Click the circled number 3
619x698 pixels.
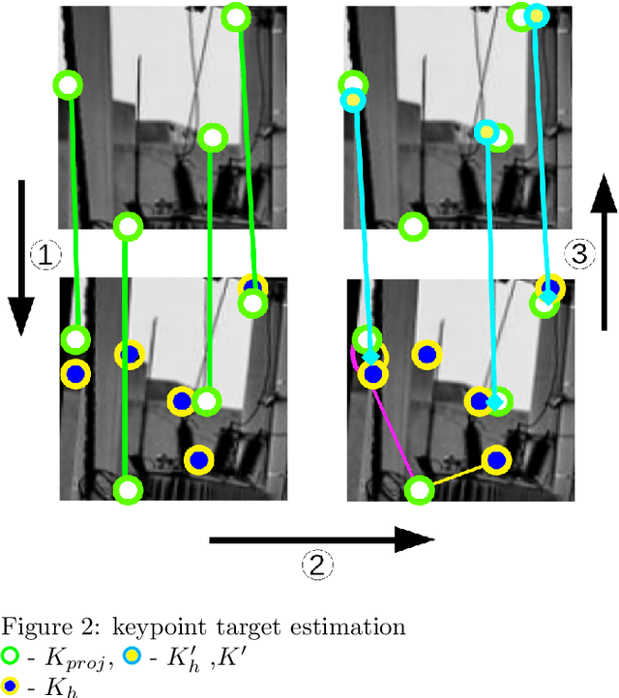(579, 254)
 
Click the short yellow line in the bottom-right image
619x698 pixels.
(457, 476)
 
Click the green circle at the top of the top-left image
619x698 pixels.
(235, 16)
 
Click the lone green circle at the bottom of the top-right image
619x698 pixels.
(413, 226)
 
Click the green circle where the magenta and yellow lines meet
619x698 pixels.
(419, 490)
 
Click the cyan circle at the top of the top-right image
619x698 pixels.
(536, 15)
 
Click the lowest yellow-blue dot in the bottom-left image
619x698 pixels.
(198, 460)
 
